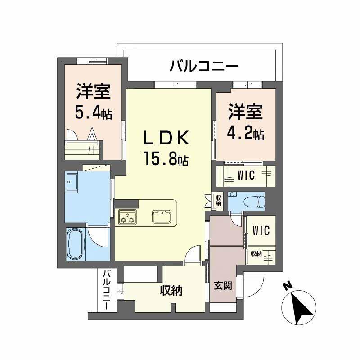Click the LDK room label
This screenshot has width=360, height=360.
(x=166, y=138)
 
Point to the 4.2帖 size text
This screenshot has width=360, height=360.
(x=245, y=133)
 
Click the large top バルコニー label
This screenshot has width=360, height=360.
(x=203, y=67)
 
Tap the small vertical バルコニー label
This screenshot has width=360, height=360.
(x=108, y=289)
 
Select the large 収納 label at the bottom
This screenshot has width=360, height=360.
(x=171, y=291)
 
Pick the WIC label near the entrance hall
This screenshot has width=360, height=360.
(x=261, y=230)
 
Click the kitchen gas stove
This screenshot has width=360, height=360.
(x=127, y=218)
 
